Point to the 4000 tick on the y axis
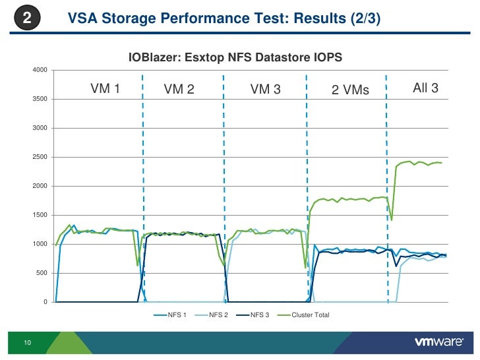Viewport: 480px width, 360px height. click(39, 71)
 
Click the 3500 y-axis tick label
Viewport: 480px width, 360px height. click(39, 100)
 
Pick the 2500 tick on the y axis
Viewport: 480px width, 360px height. click(39, 158)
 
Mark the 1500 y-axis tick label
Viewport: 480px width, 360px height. click(39, 216)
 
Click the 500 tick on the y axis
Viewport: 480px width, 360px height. click(41, 274)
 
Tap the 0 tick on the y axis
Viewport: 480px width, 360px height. click(45, 303)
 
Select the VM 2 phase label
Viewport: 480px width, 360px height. click(179, 90)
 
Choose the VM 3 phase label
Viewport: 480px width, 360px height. click(266, 90)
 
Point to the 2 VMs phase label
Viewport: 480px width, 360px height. click(350, 90)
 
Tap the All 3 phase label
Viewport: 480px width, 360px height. click(425, 88)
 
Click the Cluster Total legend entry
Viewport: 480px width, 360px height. click(310, 315)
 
